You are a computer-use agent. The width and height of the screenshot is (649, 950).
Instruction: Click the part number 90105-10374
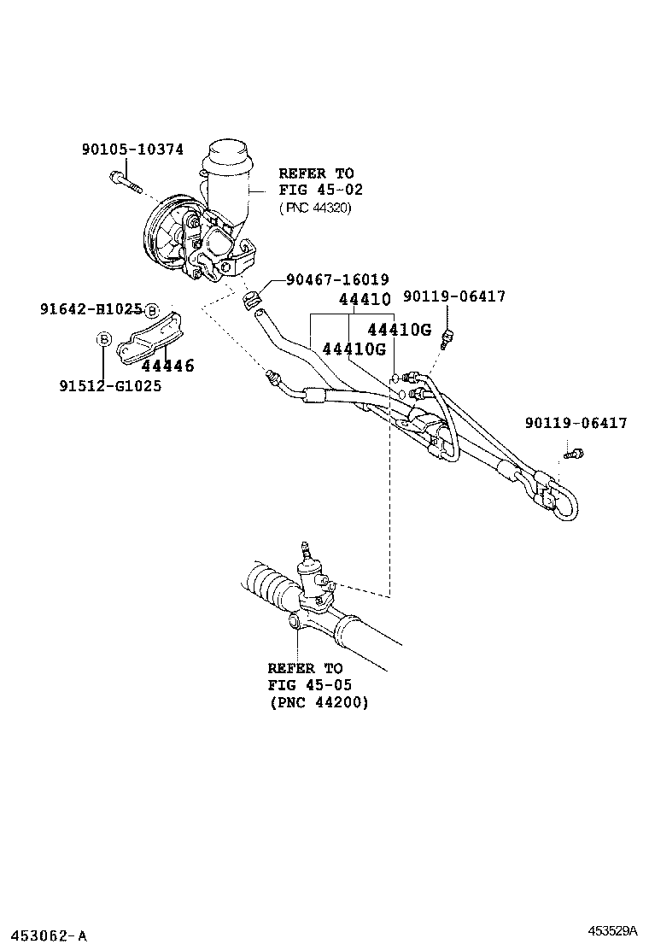pos(132,149)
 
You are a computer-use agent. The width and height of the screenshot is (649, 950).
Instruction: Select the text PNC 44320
pos(315,208)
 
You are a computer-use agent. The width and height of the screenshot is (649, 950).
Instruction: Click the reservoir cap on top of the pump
pos(225,155)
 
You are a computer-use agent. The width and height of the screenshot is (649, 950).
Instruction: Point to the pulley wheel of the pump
pos(162,237)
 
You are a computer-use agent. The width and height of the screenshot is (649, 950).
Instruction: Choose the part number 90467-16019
pos(337,279)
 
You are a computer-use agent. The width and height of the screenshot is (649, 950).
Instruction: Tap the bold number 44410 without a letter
pos(365,300)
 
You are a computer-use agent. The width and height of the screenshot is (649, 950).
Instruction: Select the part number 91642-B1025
pos(91,308)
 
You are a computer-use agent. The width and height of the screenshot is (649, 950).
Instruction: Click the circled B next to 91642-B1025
pos(151,309)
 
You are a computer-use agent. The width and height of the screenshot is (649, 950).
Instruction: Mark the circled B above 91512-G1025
pos(103,340)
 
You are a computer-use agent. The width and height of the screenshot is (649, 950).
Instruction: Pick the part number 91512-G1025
pos(110,385)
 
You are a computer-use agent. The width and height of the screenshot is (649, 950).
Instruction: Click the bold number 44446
pos(167,367)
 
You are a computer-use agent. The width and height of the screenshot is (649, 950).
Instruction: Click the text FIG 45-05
pos(309,685)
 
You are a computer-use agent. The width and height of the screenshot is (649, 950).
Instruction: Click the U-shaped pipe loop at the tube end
pos(564,501)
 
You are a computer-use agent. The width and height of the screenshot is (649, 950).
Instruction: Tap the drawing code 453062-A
pos(45,935)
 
